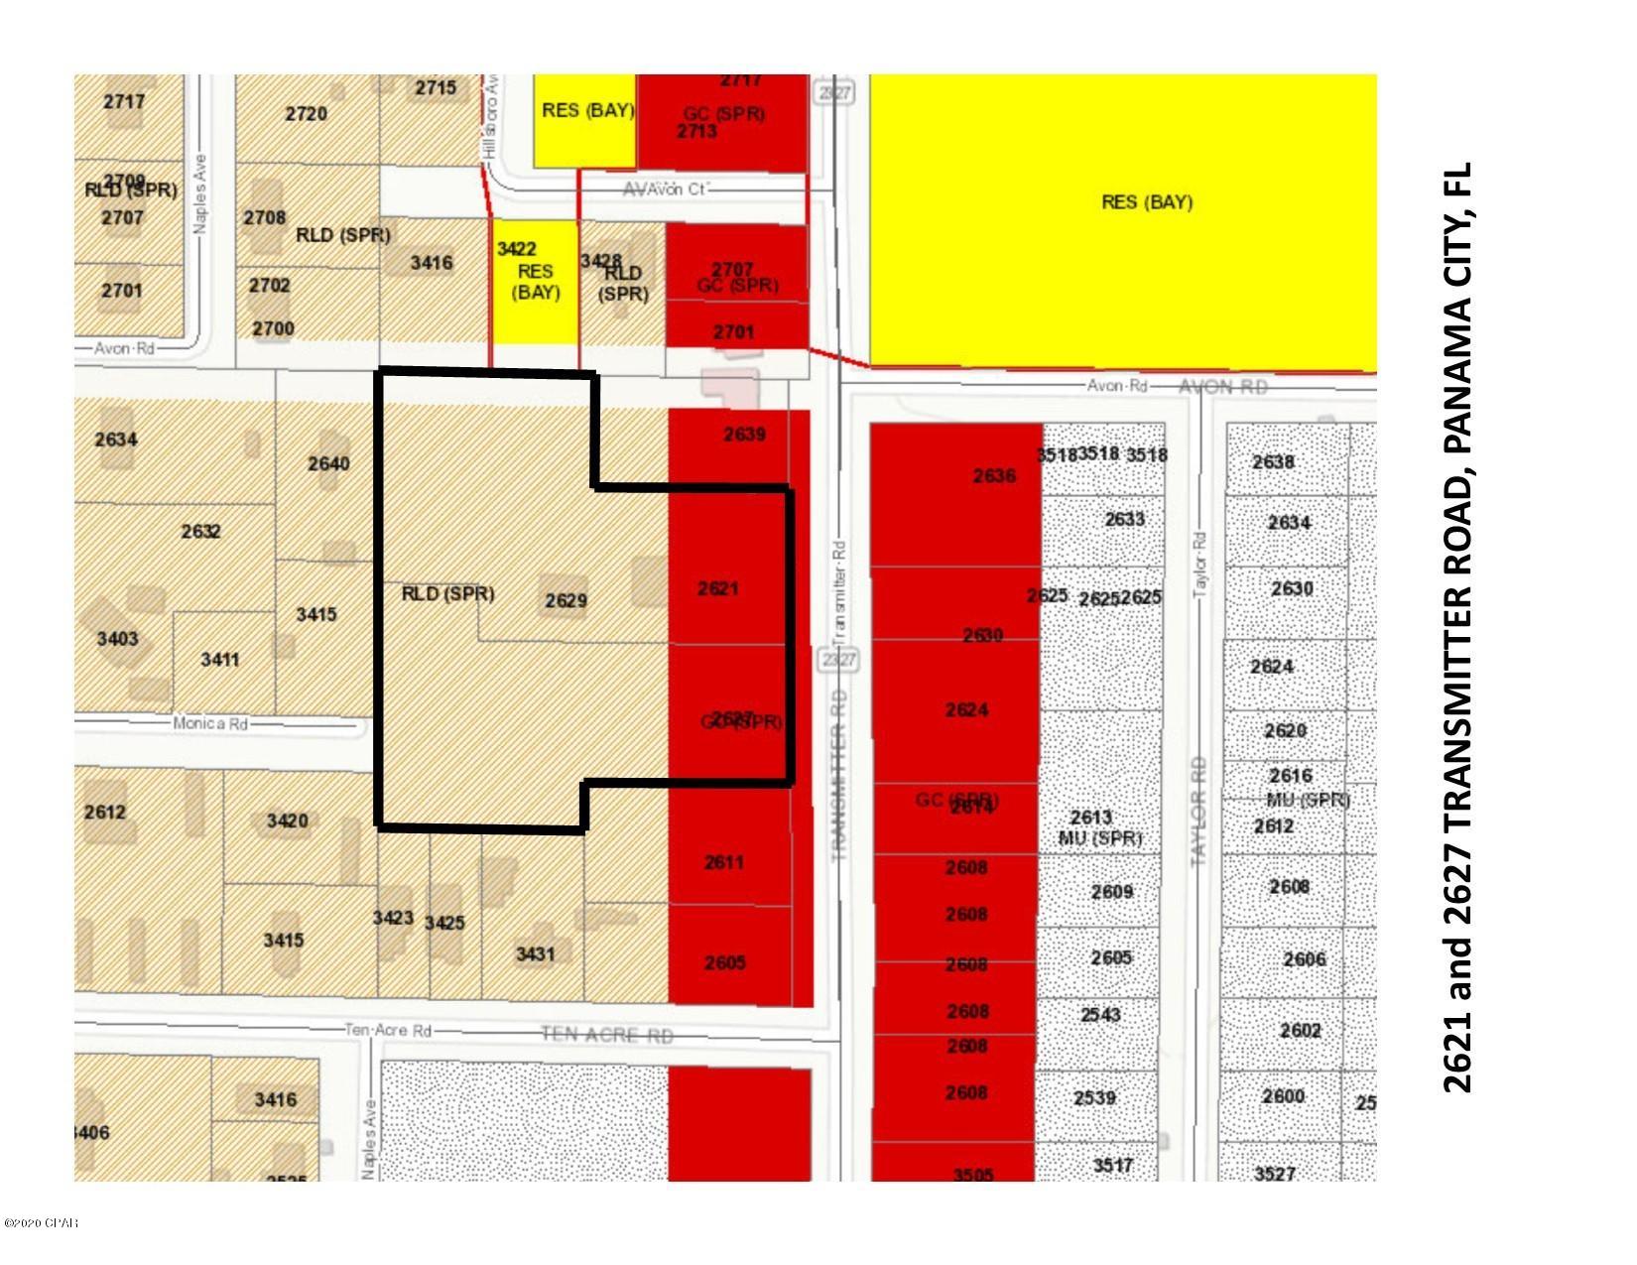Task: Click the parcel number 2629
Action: tap(566, 600)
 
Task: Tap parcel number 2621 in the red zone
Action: tap(717, 588)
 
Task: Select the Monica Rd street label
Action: tap(210, 723)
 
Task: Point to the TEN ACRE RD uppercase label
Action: tap(606, 1035)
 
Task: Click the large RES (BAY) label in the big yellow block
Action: tap(1147, 202)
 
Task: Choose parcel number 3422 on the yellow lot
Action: tap(516, 248)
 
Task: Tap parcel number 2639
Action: tap(744, 434)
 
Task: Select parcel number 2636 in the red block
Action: tap(993, 476)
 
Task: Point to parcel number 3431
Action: tap(535, 953)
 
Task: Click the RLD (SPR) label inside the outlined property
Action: tap(447, 593)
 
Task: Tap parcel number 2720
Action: tap(306, 113)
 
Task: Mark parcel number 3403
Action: tap(117, 638)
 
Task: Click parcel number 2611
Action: tap(723, 862)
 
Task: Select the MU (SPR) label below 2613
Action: tap(1099, 838)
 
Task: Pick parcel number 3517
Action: tap(1112, 1165)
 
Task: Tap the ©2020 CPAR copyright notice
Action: tap(41, 1223)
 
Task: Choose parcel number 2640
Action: tap(328, 463)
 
